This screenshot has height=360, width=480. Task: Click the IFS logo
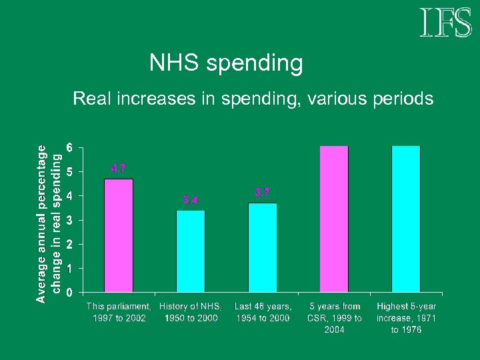pyautogui.click(x=445, y=23)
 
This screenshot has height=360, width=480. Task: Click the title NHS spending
pyautogui.click(x=226, y=63)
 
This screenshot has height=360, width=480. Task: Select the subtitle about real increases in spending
pyautogui.click(x=253, y=99)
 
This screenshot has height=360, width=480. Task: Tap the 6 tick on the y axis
pyautogui.click(x=70, y=147)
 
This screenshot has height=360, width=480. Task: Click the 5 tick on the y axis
pyautogui.click(x=70, y=171)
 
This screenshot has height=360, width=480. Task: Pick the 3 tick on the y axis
pyautogui.click(x=70, y=220)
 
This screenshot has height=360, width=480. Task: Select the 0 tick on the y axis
pyautogui.click(x=70, y=292)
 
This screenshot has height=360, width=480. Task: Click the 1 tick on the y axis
pyautogui.click(x=70, y=268)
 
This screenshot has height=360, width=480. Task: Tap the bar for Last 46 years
pyautogui.click(x=263, y=247)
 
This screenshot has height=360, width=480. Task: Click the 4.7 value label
pyautogui.click(x=119, y=169)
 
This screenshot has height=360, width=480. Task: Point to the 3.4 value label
pyautogui.click(x=191, y=199)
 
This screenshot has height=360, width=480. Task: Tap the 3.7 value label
pyautogui.click(x=263, y=193)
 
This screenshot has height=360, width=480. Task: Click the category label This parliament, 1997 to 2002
pyautogui.click(x=119, y=312)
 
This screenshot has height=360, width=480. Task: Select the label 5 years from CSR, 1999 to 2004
pyautogui.click(x=335, y=318)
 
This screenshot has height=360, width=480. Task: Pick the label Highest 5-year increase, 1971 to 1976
pyautogui.click(x=406, y=318)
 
